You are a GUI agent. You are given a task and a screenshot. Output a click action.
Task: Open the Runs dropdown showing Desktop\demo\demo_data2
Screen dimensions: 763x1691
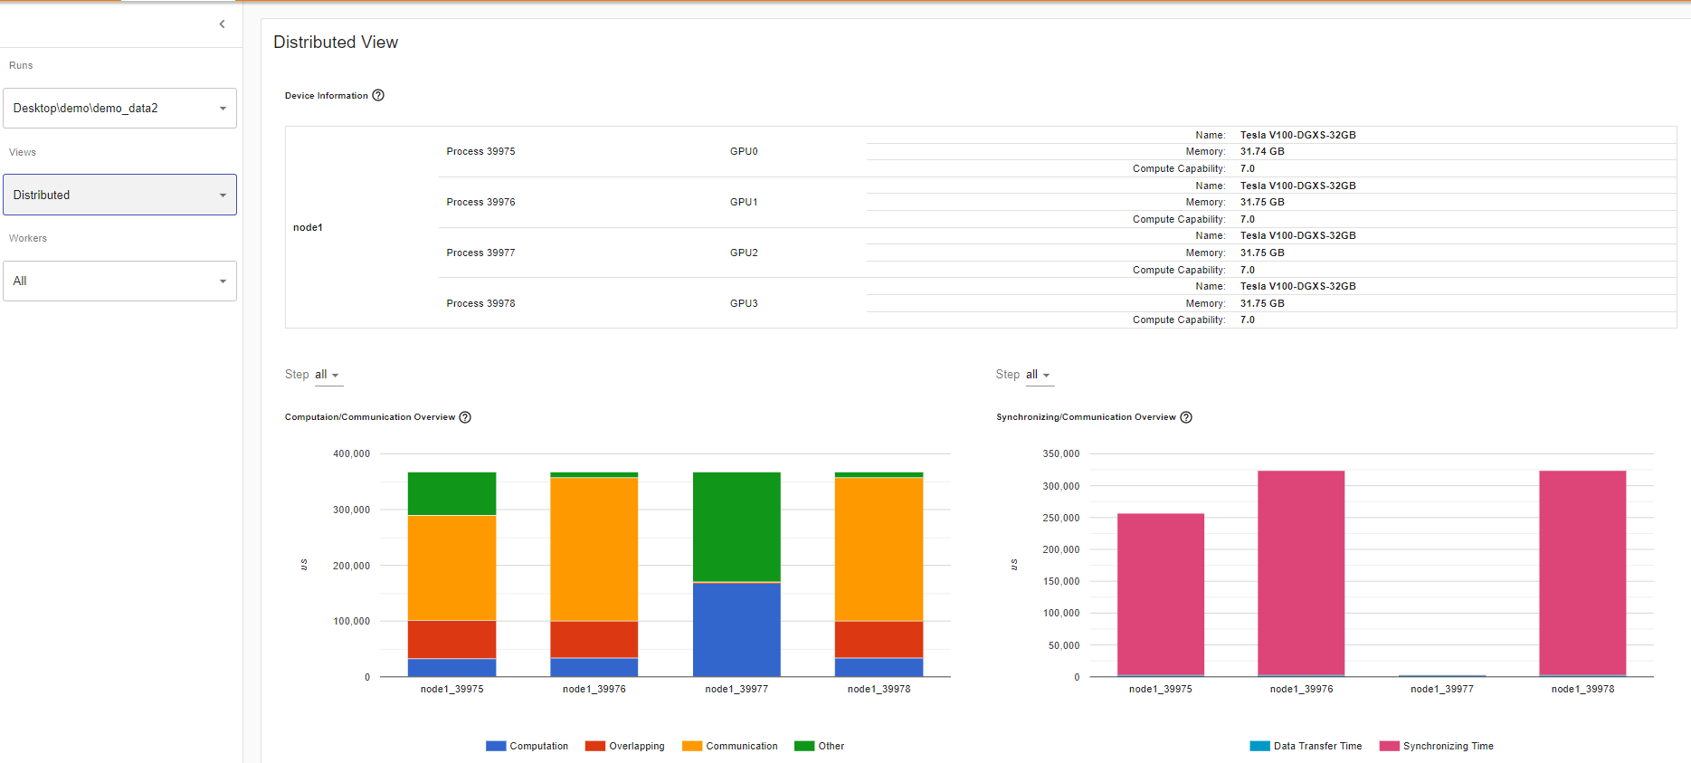(x=119, y=109)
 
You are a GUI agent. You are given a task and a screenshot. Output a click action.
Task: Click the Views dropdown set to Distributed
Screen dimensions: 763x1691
(x=119, y=195)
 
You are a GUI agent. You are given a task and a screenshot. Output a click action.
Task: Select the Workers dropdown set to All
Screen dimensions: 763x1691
(x=119, y=281)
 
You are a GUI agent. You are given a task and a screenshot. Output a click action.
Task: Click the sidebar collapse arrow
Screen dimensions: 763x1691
(x=222, y=24)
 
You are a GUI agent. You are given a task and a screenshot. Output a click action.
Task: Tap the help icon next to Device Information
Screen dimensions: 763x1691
(x=378, y=96)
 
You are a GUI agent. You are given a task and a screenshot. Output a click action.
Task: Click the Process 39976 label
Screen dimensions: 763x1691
(x=480, y=203)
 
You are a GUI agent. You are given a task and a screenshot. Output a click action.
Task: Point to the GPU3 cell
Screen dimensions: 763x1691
(x=744, y=304)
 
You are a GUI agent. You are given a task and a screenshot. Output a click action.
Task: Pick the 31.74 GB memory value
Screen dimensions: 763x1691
(x=1262, y=152)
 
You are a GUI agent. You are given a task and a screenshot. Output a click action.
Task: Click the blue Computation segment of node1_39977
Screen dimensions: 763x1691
(x=736, y=629)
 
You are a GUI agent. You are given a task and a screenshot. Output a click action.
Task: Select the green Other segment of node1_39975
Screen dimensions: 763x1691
(x=451, y=493)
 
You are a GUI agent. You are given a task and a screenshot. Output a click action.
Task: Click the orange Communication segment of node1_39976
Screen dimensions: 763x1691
(x=594, y=548)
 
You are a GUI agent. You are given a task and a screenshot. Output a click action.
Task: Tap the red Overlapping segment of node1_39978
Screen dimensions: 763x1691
(x=879, y=639)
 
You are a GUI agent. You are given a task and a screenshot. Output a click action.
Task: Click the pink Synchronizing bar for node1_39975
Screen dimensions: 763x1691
(x=1160, y=593)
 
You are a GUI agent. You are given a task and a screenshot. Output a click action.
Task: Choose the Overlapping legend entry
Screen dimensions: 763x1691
(x=625, y=747)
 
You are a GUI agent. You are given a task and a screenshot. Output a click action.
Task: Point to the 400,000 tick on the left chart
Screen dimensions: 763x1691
(x=351, y=454)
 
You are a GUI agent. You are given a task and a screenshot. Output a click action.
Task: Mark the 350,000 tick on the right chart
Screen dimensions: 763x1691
(x=1061, y=454)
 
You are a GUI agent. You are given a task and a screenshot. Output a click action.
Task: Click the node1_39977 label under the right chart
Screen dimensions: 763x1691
(x=1441, y=690)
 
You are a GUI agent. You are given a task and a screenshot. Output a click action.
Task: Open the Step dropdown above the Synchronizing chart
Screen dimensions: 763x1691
(x=1038, y=375)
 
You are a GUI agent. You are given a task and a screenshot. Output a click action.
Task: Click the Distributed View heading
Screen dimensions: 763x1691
(x=336, y=43)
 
